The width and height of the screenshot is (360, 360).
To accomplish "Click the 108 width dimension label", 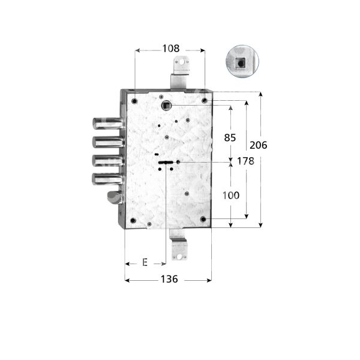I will tap(171, 48).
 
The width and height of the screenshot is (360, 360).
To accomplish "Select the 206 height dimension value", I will tap(258, 145).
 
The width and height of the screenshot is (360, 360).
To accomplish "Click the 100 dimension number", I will tap(230, 195).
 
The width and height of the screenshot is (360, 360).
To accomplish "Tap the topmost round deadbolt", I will tap(107, 124).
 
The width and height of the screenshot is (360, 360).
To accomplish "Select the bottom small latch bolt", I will tap(114, 197).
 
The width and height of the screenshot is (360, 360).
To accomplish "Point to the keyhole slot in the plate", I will tap(165, 162).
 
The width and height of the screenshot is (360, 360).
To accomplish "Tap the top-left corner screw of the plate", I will tap(134, 100).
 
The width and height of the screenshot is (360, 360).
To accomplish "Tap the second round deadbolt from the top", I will tap(107, 142).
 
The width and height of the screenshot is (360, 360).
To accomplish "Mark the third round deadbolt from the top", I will tap(107, 160).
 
